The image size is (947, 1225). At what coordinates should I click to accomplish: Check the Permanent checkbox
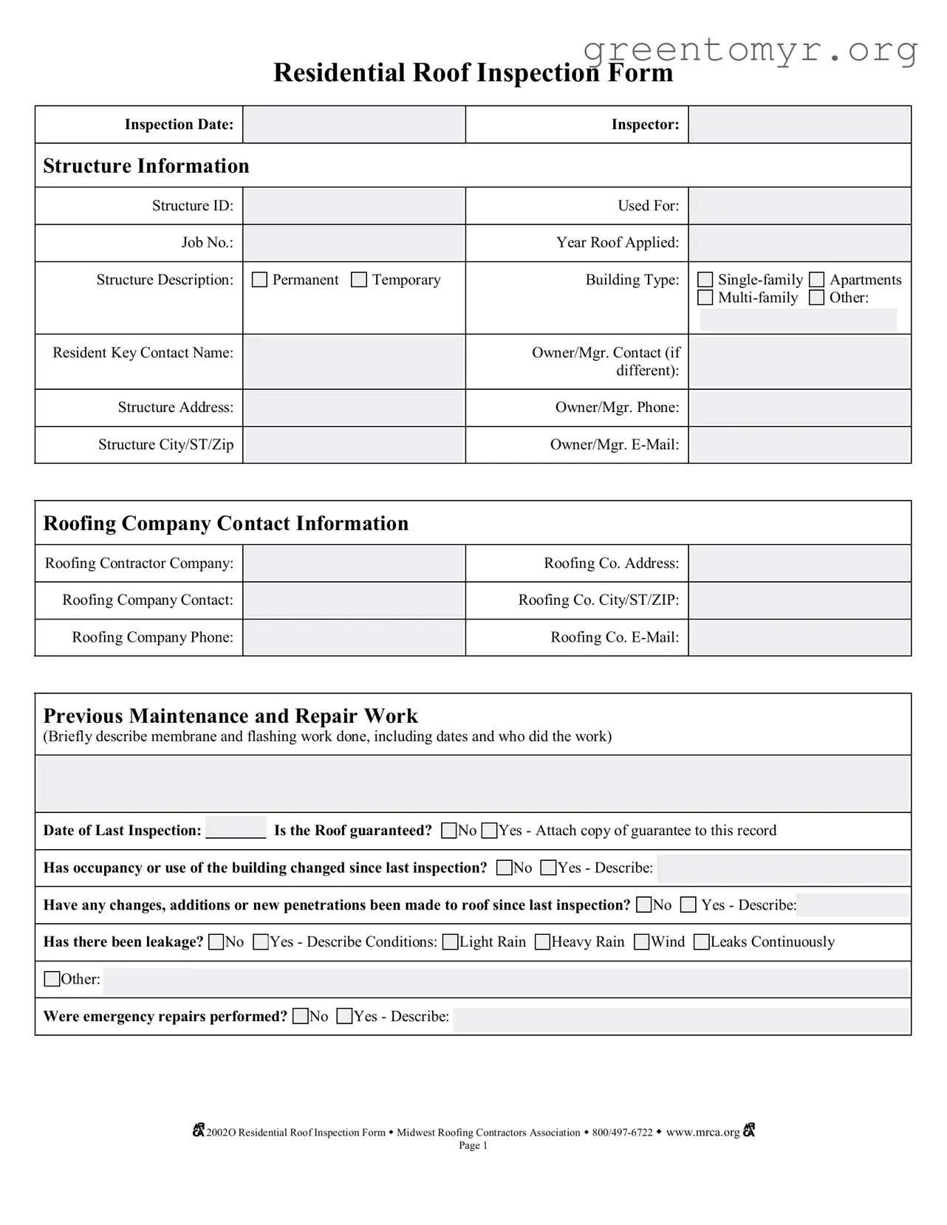click(x=259, y=280)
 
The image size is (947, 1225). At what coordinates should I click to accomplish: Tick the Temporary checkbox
click(x=359, y=280)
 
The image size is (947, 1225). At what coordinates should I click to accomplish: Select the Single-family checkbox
click(x=705, y=280)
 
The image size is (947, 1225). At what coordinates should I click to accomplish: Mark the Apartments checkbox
click(x=816, y=280)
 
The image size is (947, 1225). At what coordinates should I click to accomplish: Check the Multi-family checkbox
click(x=705, y=298)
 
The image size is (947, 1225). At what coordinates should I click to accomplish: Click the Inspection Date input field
click(x=354, y=125)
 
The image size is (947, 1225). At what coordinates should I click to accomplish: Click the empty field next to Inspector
click(x=799, y=125)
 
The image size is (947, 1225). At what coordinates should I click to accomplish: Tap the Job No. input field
click(x=354, y=243)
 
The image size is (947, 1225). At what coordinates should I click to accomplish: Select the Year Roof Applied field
click(x=799, y=243)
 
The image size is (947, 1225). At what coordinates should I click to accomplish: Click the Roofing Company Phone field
click(x=354, y=637)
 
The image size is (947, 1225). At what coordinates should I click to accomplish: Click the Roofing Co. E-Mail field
click(x=799, y=637)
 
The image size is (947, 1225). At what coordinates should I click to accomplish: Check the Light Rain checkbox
click(x=450, y=942)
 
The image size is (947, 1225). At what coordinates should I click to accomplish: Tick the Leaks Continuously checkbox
click(x=702, y=942)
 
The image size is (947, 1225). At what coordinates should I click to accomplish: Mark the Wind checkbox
click(x=642, y=942)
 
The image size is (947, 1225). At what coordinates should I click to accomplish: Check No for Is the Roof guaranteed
click(x=448, y=831)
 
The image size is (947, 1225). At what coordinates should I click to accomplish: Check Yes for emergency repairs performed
click(x=344, y=1017)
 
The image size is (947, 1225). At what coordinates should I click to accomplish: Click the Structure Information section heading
click(x=146, y=166)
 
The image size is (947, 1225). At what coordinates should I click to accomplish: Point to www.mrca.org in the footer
click(x=702, y=1133)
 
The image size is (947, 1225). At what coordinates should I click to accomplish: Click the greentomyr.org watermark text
click(x=750, y=50)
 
